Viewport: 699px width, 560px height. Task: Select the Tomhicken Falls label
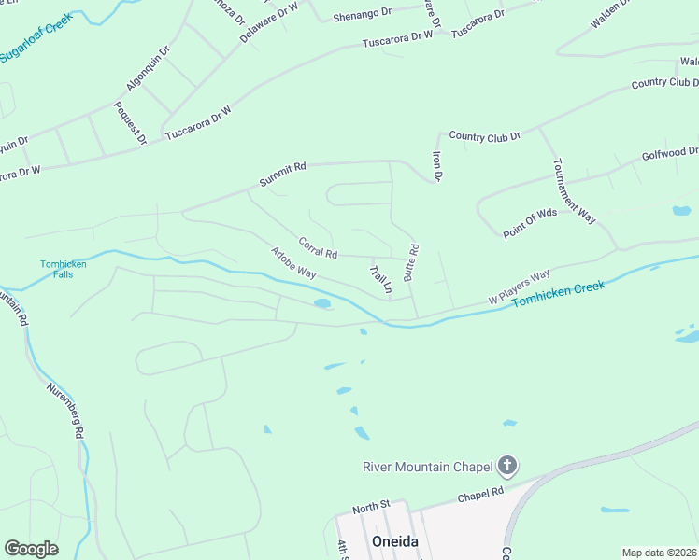click(63, 269)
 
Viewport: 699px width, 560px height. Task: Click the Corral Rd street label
click(318, 248)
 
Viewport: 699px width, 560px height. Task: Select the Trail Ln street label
click(378, 279)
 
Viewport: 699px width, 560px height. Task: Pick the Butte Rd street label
click(411, 262)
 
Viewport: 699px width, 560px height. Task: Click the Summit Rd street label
click(283, 175)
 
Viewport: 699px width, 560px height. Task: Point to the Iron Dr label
click(435, 165)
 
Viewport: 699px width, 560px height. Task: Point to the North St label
click(370, 508)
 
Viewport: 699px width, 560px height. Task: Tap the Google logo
click(32, 549)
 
